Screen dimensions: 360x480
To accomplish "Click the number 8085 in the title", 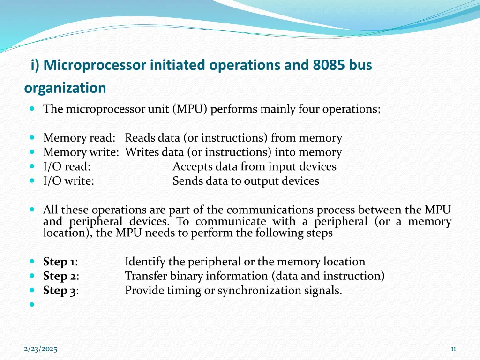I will (x=330, y=66).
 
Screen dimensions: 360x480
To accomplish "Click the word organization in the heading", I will (x=65, y=88).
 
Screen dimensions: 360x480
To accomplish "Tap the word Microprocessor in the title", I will (x=95, y=66).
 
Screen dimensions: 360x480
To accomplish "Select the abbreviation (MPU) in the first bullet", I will (x=190, y=109).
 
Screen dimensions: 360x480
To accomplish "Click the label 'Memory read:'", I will (x=79, y=138).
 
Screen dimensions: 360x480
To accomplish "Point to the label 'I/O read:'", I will (x=67, y=167).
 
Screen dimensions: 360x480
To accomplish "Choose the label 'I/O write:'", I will (x=68, y=181).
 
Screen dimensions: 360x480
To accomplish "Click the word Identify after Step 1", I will (x=144, y=262).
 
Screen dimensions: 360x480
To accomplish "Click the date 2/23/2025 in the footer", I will (x=41, y=349).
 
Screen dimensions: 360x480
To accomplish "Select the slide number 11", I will (x=453, y=349).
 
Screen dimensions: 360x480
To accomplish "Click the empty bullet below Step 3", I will (x=32, y=304).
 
